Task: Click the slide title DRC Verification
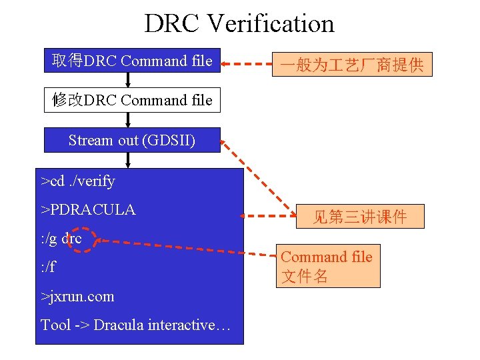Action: tap(239, 23)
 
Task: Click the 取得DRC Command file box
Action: tap(132, 61)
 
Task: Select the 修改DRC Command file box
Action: tap(132, 100)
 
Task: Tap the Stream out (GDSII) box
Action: tap(132, 140)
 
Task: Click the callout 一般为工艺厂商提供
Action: tap(352, 65)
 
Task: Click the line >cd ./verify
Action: tap(78, 181)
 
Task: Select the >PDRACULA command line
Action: tap(88, 209)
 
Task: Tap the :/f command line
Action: tap(48, 267)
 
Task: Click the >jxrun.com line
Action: tap(77, 296)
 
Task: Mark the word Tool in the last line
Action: tap(55, 325)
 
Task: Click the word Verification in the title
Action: tap(271, 23)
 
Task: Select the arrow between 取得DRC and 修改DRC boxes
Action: tap(129, 80)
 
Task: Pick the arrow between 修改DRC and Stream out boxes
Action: tap(129, 119)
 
